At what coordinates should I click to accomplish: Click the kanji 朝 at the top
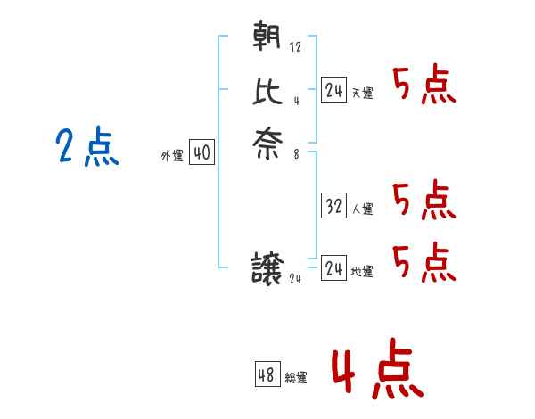(267, 37)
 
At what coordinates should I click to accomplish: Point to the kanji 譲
(267, 268)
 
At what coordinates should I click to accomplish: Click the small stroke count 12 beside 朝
(295, 47)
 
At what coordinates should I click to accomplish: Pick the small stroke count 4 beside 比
(296, 100)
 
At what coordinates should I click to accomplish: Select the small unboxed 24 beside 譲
(296, 279)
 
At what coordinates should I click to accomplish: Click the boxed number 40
(202, 153)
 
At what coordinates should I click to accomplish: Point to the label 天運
(363, 94)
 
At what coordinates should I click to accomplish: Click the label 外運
(171, 156)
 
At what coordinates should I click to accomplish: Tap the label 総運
(296, 378)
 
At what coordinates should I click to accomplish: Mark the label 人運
(363, 209)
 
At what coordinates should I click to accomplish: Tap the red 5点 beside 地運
(424, 260)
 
